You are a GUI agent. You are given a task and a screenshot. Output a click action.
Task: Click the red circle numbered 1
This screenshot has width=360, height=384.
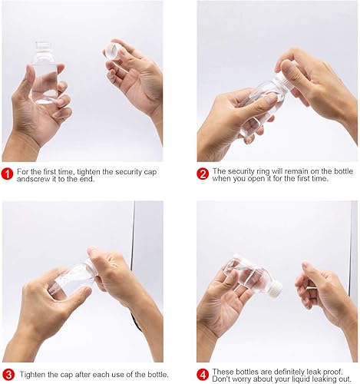click(x=8, y=174)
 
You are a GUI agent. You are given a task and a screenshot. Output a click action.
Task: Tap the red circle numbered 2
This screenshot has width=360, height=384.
click(x=203, y=174)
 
